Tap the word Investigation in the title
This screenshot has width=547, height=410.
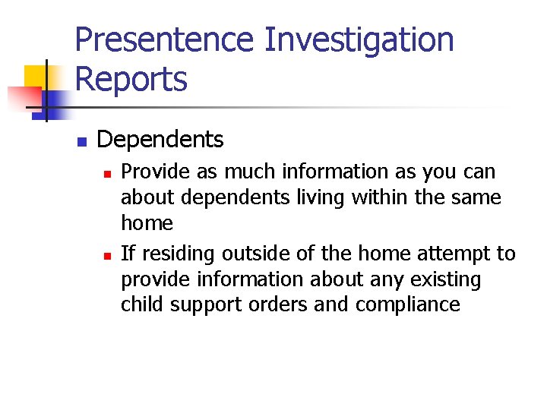(359, 40)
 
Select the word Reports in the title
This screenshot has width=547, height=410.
(131, 79)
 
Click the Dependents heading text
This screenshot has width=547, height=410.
(160, 140)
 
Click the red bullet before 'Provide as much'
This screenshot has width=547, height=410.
(107, 174)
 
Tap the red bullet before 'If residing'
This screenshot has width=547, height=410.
(107, 255)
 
